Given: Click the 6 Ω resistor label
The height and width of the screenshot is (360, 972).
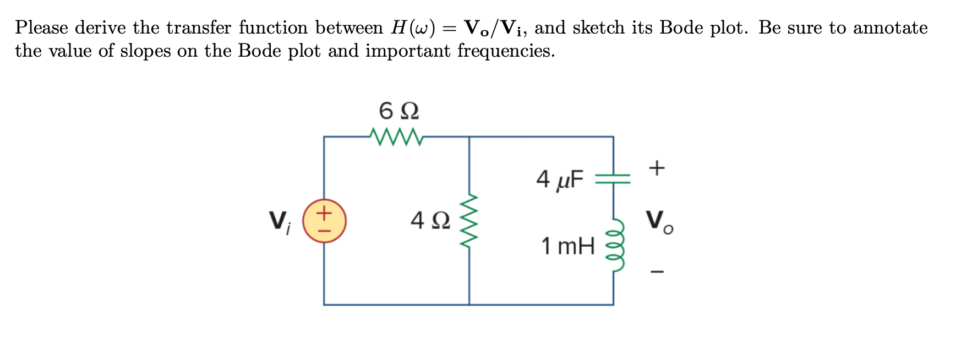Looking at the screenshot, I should [398, 111].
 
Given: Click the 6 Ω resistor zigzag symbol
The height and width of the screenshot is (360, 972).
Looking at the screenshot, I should [397, 137].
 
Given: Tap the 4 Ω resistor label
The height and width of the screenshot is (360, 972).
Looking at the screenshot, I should [430, 221].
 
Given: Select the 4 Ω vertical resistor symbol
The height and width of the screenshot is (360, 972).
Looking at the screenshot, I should [469, 221].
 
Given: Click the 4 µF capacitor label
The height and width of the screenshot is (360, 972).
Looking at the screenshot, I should [559, 179].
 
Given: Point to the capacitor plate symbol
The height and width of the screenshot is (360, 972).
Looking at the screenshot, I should [613, 178].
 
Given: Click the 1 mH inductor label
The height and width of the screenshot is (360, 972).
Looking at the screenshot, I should [567, 246].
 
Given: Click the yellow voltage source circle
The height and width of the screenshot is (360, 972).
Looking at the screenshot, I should [324, 221].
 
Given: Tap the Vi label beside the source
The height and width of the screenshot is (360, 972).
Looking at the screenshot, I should [279, 221].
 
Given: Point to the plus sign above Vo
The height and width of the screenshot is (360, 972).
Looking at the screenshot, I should [657, 167].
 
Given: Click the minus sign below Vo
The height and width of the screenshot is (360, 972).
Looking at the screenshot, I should [657, 271].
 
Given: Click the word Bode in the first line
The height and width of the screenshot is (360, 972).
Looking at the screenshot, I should [681, 28].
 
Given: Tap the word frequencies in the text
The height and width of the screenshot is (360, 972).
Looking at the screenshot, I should [506, 51].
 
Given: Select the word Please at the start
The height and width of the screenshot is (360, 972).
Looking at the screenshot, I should [41, 28].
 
